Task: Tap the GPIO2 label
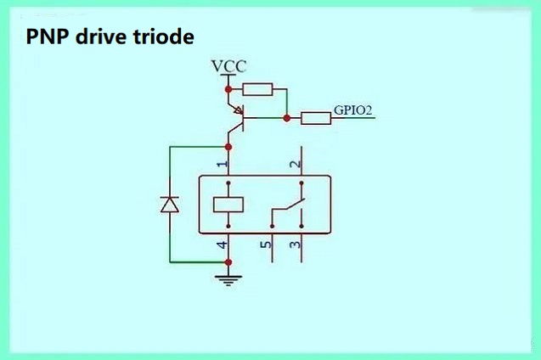click(x=353, y=110)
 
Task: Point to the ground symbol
click(x=228, y=278)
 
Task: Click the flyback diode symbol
click(x=170, y=204)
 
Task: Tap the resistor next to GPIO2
click(x=316, y=118)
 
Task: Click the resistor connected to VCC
click(x=257, y=89)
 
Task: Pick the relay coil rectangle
click(x=228, y=204)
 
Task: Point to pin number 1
click(x=221, y=163)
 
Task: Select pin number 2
click(x=294, y=163)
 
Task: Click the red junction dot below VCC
click(x=228, y=88)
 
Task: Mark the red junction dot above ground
click(x=228, y=262)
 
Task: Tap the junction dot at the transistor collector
click(x=228, y=147)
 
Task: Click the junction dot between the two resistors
click(x=287, y=118)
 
